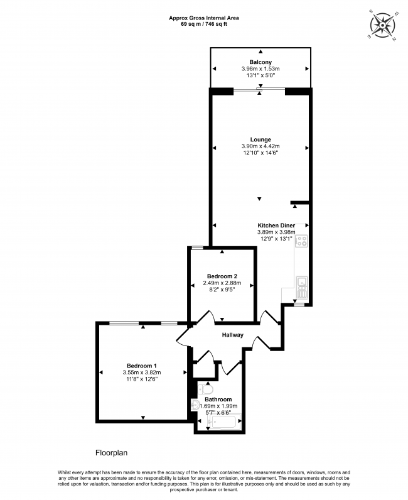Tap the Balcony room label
coord(260,62)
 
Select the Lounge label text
coord(260,139)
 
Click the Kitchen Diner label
coord(276,225)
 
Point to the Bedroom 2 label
coord(222,276)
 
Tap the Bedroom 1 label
coord(142,366)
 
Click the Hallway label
coord(232,335)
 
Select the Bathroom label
coord(218,399)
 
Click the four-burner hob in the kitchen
coord(302,241)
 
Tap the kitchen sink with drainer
coord(302,286)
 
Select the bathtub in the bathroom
coord(223,423)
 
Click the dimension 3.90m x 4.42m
coord(260,146)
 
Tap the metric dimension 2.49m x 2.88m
coord(222,283)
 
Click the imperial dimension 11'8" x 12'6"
coord(142,379)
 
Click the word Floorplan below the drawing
coord(111,452)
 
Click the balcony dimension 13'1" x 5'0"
coord(260,75)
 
